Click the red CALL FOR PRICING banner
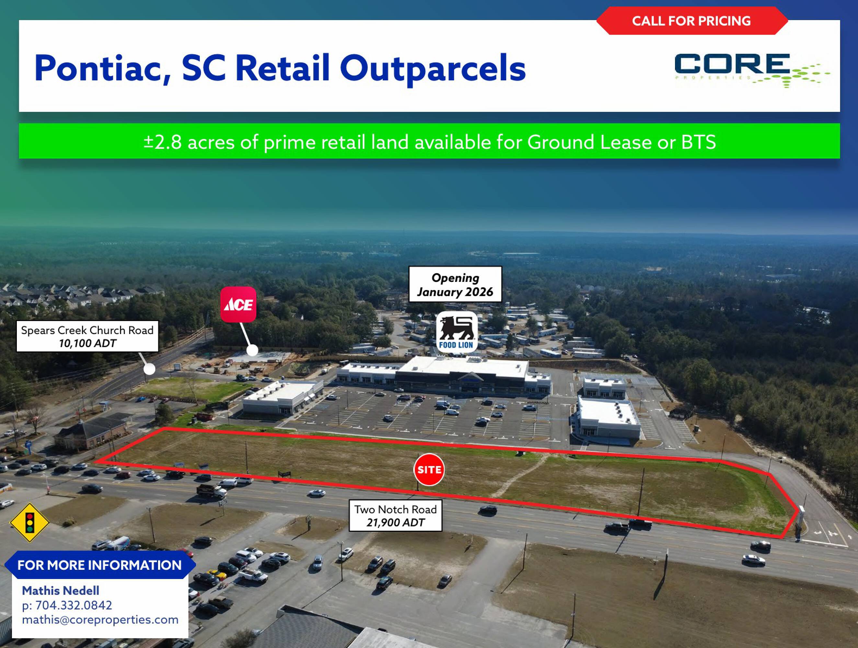(692, 20)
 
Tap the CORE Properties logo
(752, 70)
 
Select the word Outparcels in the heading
(433, 69)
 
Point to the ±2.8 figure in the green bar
(163, 142)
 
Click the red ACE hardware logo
(238, 304)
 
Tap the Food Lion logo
(456, 332)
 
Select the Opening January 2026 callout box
(455, 284)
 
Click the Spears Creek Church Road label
(87, 330)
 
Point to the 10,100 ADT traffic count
(87, 343)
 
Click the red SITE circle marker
(429, 469)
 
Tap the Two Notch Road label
(395, 509)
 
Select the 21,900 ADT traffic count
(395, 523)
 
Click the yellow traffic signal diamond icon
(29, 522)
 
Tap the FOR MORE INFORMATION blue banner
(100, 565)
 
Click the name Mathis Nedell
(61, 591)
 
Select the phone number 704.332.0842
(74, 605)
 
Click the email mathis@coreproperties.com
(100, 620)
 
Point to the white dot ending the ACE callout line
(252, 350)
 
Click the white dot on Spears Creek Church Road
(149, 369)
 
